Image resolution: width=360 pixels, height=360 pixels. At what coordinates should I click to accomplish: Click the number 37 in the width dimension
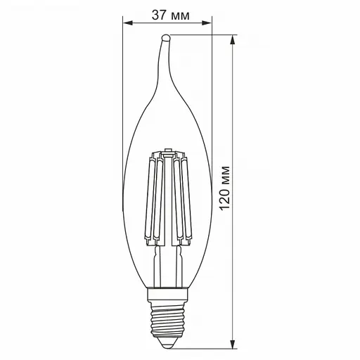point(157,14)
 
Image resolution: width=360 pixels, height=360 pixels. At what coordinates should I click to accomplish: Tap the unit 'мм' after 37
point(180,14)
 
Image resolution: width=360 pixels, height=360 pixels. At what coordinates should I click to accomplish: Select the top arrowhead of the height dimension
point(233,39)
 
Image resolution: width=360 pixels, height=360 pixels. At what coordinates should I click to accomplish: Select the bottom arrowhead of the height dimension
point(233,342)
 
